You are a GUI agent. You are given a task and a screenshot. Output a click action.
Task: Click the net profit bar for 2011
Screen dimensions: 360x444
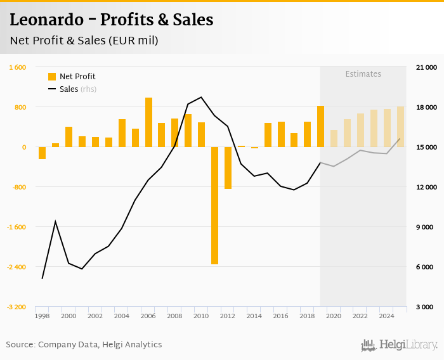214,205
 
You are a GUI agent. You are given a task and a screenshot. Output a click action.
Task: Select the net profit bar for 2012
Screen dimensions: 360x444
228,168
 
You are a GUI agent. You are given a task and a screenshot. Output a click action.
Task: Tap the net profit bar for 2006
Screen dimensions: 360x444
148,122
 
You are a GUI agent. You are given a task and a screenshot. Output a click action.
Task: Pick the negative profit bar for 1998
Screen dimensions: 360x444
42,153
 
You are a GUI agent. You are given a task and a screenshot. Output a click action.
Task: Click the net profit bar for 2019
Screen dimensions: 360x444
320,126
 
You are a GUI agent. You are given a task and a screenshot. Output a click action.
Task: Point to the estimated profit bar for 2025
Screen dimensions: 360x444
400,127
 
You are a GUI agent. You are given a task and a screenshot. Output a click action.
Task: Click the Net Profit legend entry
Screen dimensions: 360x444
71,77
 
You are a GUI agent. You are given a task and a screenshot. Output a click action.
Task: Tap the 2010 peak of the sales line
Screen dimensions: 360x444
201,97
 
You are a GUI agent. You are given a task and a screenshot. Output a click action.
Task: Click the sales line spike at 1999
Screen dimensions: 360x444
55,221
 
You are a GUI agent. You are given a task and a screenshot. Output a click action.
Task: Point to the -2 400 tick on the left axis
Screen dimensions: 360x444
16,267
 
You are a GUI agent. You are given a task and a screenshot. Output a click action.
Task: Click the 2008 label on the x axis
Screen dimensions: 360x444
175,316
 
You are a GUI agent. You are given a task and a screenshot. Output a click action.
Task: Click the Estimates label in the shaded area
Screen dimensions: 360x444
363,74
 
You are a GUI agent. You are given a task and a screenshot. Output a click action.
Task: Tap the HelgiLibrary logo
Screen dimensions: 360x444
399,345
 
